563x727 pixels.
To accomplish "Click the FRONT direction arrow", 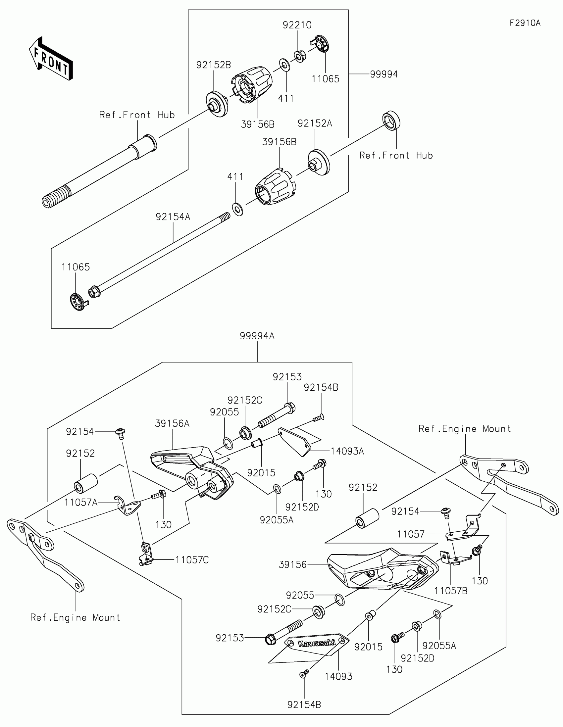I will pyautogui.click(x=51, y=58).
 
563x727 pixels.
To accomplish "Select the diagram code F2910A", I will pyautogui.click(x=525, y=23).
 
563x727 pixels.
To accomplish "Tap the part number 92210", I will pyautogui.click(x=297, y=25).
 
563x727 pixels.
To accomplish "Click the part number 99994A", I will pyautogui.click(x=257, y=336).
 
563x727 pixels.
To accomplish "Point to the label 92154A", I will pyautogui.click(x=173, y=217).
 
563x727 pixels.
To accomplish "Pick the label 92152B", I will pyautogui.click(x=213, y=65).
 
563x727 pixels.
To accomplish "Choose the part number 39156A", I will pyautogui.click(x=172, y=424).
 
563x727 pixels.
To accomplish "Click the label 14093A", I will pyautogui.click(x=347, y=451).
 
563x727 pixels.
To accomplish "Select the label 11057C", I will pyautogui.click(x=192, y=560).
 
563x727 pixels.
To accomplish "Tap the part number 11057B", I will pyautogui.click(x=450, y=591).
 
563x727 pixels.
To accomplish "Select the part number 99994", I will pyautogui.click(x=384, y=74).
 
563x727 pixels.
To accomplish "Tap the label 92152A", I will pyautogui.click(x=315, y=123).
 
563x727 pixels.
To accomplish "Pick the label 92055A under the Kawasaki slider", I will pyautogui.click(x=439, y=646).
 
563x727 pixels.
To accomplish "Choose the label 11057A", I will pyautogui.click(x=81, y=502).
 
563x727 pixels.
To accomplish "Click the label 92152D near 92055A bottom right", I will pyautogui.click(x=417, y=658).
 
